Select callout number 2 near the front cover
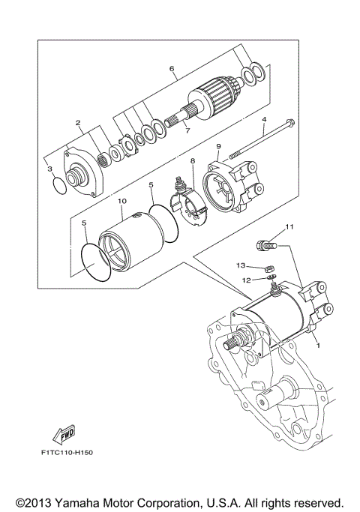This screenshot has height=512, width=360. point(77,122)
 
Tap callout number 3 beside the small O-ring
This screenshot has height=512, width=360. point(49,170)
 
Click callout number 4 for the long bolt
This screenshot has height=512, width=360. point(264,120)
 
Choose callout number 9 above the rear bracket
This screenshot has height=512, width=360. point(218,146)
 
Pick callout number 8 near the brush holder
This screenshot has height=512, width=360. point(192,160)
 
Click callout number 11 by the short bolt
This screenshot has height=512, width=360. point(289,226)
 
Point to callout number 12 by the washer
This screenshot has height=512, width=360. point(245,279)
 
